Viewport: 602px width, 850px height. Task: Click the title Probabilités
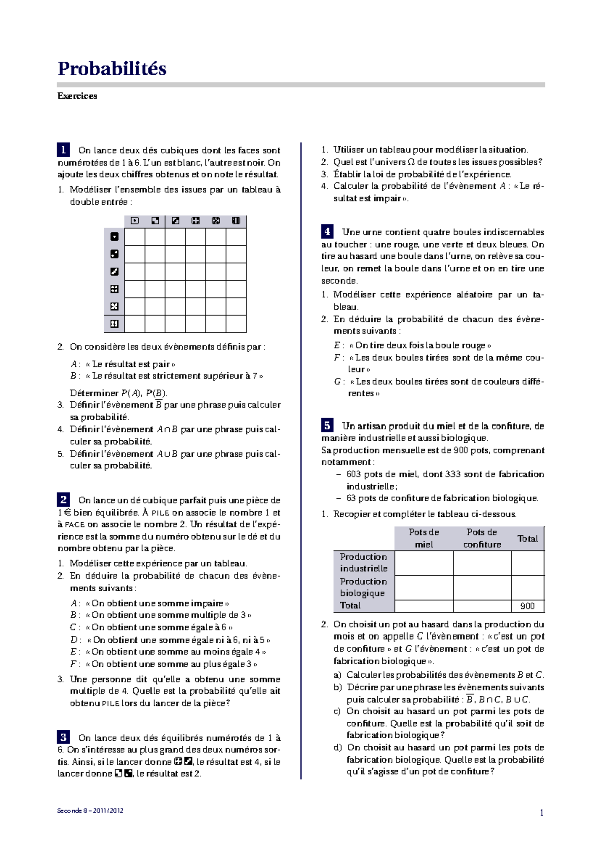click(x=112, y=69)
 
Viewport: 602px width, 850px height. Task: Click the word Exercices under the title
click(x=77, y=96)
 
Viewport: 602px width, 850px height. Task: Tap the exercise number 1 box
click(x=63, y=150)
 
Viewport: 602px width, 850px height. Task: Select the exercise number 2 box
click(x=63, y=499)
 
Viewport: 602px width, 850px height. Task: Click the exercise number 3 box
click(x=63, y=737)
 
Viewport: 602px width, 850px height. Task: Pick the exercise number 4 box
click(x=327, y=231)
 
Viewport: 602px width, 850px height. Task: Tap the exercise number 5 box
click(x=327, y=426)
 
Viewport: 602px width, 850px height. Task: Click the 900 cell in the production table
click(x=527, y=606)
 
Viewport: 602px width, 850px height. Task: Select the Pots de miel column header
click(x=424, y=538)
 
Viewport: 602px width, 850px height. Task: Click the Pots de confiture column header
click(x=482, y=538)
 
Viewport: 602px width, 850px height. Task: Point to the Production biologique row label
click(x=363, y=587)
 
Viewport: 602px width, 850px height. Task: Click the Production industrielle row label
click(x=363, y=563)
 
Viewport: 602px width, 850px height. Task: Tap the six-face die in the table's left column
click(x=114, y=324)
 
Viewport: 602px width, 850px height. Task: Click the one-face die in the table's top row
click(x=135, y=221)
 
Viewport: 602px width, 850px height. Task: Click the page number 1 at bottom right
click(x=541, y=813)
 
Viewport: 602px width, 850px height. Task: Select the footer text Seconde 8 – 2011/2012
click(x=90, y=811)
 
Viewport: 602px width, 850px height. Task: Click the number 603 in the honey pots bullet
click(x=354, y=474)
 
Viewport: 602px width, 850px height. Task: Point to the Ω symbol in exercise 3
click(x=411, y=162)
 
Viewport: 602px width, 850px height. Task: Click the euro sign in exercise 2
click(x=67, y=513)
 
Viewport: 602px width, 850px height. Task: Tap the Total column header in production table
click(x=527, y=539)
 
